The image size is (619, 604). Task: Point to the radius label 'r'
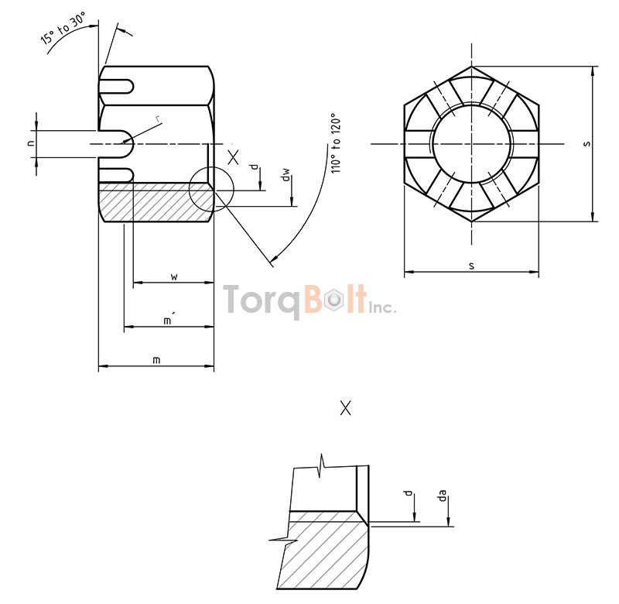pyautogui.click(x=158, y=118)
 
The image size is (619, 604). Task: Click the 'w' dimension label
pyautogui.click(x=174, y=276)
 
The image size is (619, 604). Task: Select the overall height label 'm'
pyautogui.click(x=156, y=359)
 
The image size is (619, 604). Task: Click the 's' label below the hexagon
pyautogui.click(x=471, y=266)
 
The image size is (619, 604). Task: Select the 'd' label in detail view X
pyautogui.click(x=407, y=494)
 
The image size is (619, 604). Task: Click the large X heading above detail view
pyautogui.click(x=345, y=408)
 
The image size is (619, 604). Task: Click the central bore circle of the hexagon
pyautogui.click(x=471, y=144)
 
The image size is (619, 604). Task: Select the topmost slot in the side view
pyautogui.click(x=118, y=85)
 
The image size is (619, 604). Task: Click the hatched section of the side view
pyautogui.click(x=155, y=203)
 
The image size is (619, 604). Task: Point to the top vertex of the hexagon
pyautogui.click(x=471, y=67)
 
